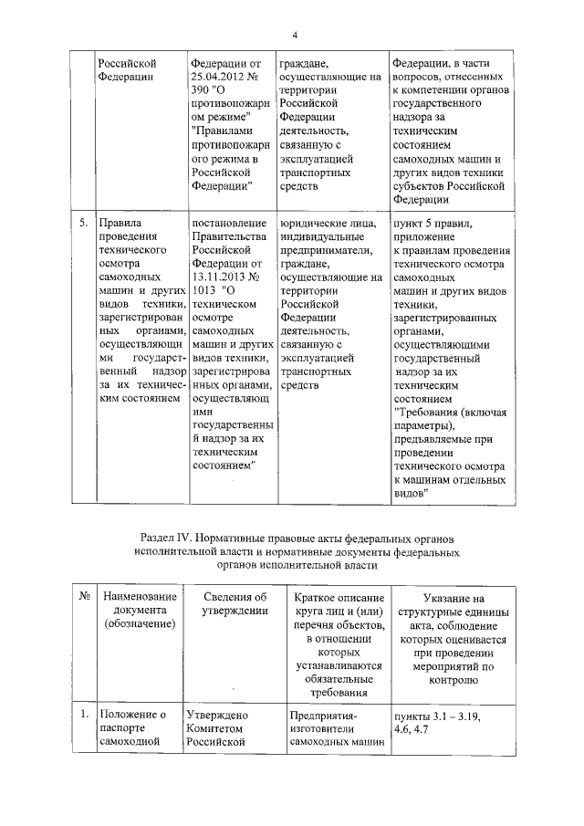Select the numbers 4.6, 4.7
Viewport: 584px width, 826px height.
click(x=413, y=730)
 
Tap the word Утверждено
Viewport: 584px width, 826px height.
click(x=217, y=716)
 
